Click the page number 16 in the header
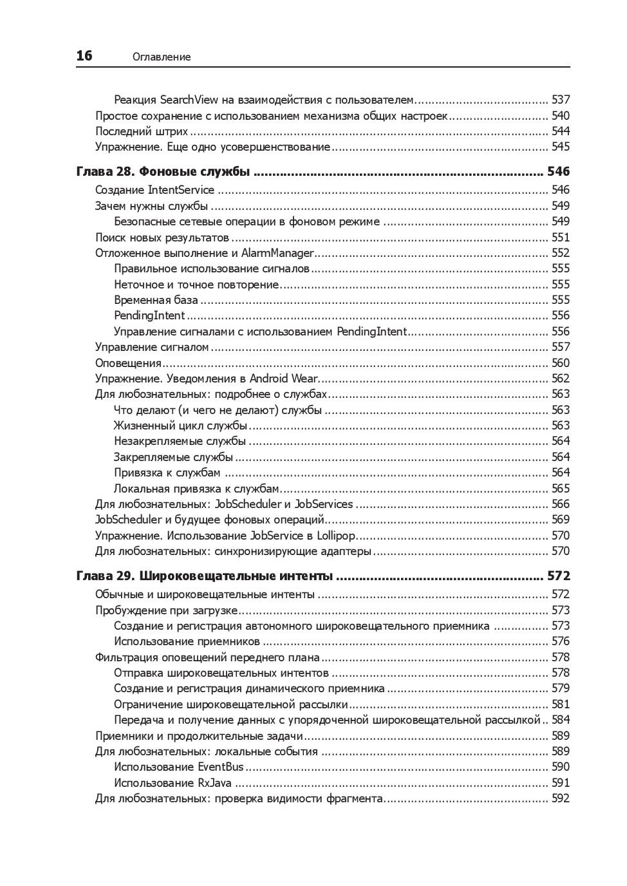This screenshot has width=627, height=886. point(84,56)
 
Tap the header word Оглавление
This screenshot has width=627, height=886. point(162,57)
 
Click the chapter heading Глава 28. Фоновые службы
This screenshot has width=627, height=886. point(163,172)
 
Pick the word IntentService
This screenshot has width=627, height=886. point(181,190)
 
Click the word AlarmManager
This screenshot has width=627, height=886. point(277,253)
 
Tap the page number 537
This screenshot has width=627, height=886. point(561,100)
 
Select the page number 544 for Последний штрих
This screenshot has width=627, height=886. point(561,131)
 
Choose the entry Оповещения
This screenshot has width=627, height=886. point(119,363)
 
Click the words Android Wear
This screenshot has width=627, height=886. point(283,379)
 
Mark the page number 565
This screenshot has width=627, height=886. point(561,489)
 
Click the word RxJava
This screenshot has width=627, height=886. point(214,783)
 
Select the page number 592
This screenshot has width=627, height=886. point(561,799)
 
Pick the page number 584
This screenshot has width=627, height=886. point(561,720)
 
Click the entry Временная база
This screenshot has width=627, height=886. point(156,300)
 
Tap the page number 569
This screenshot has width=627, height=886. point(561,520)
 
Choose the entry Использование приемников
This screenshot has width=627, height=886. point(187,641)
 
